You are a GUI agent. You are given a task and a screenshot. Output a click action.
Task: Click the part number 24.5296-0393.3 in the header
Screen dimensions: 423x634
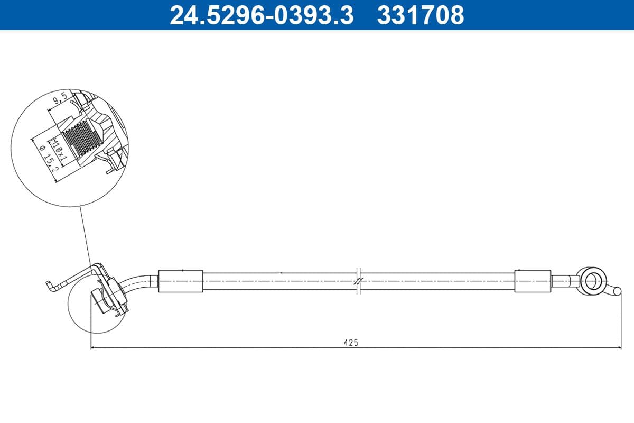tap(261, 15)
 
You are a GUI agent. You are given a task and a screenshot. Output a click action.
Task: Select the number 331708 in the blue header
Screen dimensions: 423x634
tap(420, 15)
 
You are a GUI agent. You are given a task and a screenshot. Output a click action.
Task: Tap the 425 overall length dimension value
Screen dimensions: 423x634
tap(351, 343)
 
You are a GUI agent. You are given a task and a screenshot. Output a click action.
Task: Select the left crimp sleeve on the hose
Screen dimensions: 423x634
tap(181, 280)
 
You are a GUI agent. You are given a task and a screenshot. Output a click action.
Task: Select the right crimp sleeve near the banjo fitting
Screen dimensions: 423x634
tap(533, 280)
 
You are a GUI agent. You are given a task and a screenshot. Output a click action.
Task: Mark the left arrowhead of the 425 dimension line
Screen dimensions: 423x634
tap(94, 347)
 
